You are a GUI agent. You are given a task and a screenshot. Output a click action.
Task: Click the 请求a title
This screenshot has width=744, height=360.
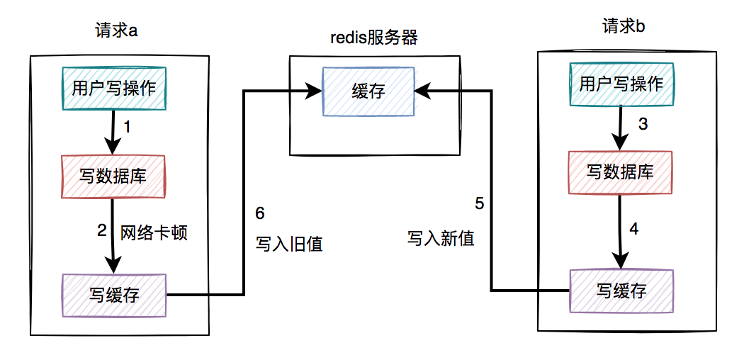(115, 30)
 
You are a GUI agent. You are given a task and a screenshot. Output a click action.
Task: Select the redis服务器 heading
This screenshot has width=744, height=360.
(374, 37)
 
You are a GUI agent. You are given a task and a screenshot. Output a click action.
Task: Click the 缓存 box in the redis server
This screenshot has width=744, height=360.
(368, 91)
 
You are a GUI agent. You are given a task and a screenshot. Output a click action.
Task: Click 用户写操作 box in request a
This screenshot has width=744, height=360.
(114, 89)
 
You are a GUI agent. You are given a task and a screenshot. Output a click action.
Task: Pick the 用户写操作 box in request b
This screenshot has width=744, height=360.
(621, 84)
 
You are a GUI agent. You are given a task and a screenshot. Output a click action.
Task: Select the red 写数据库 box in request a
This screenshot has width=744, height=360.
(113, 176)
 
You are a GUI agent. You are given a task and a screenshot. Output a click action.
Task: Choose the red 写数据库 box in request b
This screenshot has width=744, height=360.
(621, 171)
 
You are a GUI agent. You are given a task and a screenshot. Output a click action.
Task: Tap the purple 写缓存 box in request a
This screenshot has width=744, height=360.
(114, 295)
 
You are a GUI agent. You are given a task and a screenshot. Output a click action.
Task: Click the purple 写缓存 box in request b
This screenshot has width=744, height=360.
(621, 291)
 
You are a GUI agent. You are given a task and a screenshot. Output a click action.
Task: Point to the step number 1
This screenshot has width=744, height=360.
(128, 128)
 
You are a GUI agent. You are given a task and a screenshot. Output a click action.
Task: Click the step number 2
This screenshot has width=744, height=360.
(101, 231)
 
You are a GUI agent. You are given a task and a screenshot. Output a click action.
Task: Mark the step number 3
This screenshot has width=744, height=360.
(643, 125)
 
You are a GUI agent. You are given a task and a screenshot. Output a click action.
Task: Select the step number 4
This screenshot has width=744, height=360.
(634, 230)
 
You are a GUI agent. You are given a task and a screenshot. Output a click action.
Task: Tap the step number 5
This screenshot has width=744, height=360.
(480, 204)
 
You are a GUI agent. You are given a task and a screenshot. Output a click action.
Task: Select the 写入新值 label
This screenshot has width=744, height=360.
(441, 238)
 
